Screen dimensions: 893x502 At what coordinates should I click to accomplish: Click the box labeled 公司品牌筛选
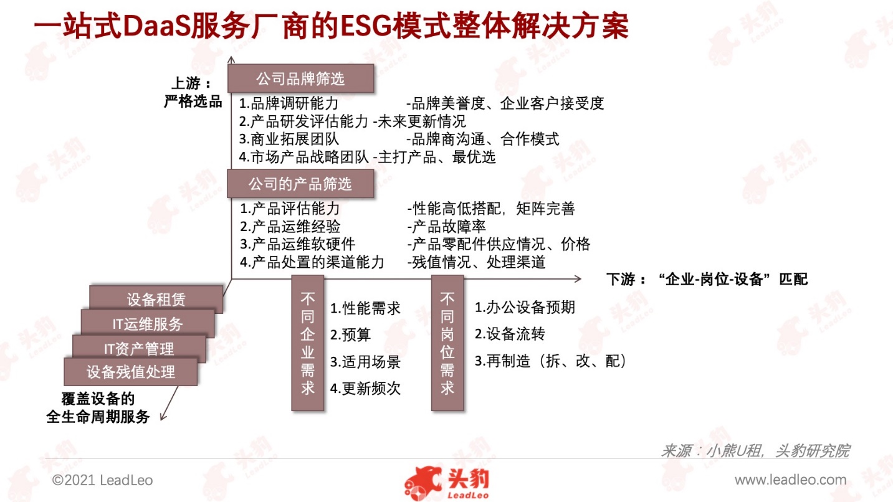(300, 78)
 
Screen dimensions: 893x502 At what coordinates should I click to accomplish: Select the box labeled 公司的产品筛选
(300, 184)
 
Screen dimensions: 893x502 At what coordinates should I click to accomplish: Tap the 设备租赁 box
(156, 299)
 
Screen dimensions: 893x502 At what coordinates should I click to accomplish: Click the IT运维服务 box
(148, 324)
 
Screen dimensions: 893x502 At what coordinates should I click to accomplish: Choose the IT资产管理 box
(139, 349)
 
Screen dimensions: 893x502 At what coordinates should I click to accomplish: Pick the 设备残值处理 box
(131, 372)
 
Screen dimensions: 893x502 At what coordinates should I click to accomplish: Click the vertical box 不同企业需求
(307, 343)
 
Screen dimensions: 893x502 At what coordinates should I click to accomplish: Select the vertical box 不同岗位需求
(447, 343)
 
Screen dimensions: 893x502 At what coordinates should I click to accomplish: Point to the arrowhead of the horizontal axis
(578, 279)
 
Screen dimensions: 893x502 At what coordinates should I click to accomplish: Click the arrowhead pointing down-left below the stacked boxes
(162, 417)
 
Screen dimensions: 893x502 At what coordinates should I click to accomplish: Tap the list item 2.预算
(350, 334)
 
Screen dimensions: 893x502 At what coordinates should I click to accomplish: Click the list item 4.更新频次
(365, 388)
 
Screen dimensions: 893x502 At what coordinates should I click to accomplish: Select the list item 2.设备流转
(510, 334)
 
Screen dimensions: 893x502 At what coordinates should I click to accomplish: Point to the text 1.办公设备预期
(525, 307)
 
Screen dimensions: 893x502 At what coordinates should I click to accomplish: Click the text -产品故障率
(446, 226)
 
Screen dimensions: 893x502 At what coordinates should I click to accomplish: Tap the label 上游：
(191, 83)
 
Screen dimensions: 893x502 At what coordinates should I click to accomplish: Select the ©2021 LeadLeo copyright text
(102, 480)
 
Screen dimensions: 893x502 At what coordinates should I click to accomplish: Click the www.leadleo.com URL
(791, 480)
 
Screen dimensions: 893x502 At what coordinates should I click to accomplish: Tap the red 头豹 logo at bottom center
(447, 483)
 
